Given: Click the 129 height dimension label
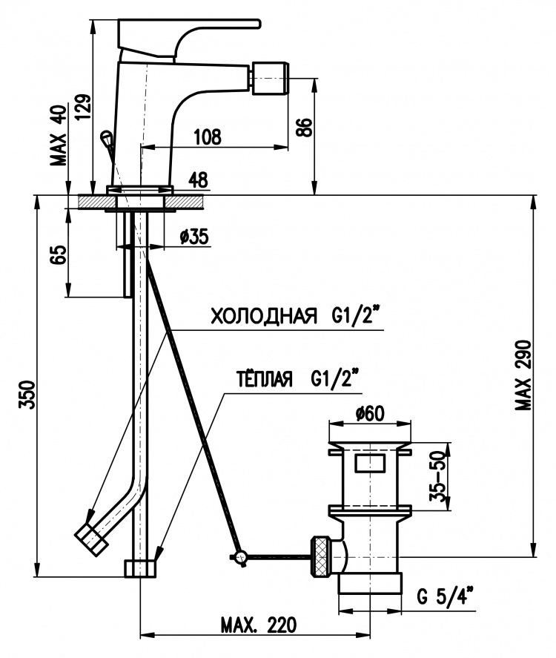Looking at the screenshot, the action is point(83,107).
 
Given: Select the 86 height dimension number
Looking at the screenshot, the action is point(305,128).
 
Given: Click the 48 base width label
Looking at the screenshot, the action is point(198,180).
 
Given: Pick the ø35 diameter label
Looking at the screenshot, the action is point(194,237).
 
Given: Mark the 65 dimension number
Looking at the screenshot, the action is point(59,254).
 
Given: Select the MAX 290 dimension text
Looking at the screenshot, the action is point(523,375).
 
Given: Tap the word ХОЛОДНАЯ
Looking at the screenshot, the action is point(263,316).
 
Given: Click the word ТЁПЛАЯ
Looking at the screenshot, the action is point(264,379).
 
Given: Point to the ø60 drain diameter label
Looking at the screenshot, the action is point(370,414).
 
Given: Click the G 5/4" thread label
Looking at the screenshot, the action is point(446,596).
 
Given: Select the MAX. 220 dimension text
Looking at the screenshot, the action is point(258,625).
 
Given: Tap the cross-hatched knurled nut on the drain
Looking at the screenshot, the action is point(320,556).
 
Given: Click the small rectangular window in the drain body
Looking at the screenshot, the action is point(370,462).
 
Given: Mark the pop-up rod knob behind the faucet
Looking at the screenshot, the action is point(106,137).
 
